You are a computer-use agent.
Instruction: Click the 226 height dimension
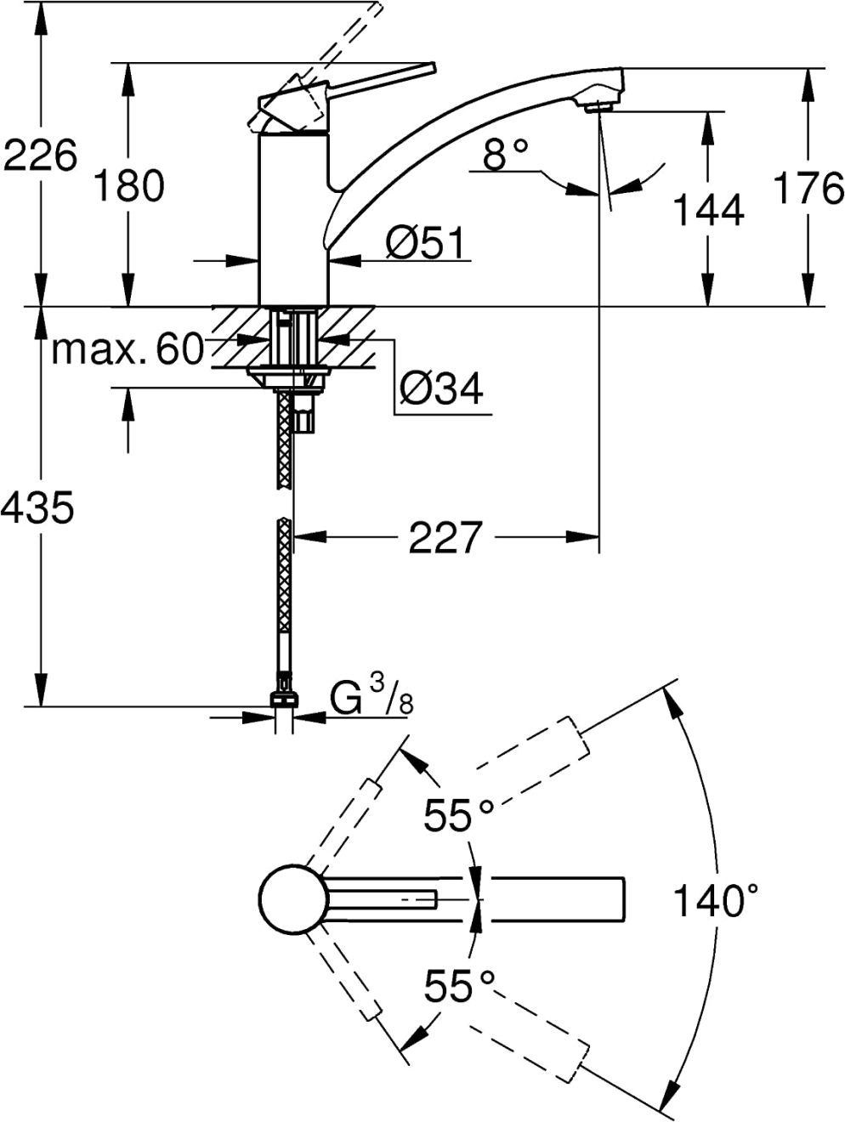pos(41,155)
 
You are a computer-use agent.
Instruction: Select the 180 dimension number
pos(130,185)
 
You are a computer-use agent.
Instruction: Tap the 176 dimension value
pos(808,188)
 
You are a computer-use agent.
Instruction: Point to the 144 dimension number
pos(708,209)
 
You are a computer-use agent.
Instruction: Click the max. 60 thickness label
pos(128,349)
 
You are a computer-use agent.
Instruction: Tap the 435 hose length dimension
pos(37,508)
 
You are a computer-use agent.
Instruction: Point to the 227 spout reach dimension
pos(445,537)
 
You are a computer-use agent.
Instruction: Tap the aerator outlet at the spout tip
pos(598,106)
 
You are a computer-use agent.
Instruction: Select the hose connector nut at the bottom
pos(284,699)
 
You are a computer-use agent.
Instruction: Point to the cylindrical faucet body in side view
pos(293,218)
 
